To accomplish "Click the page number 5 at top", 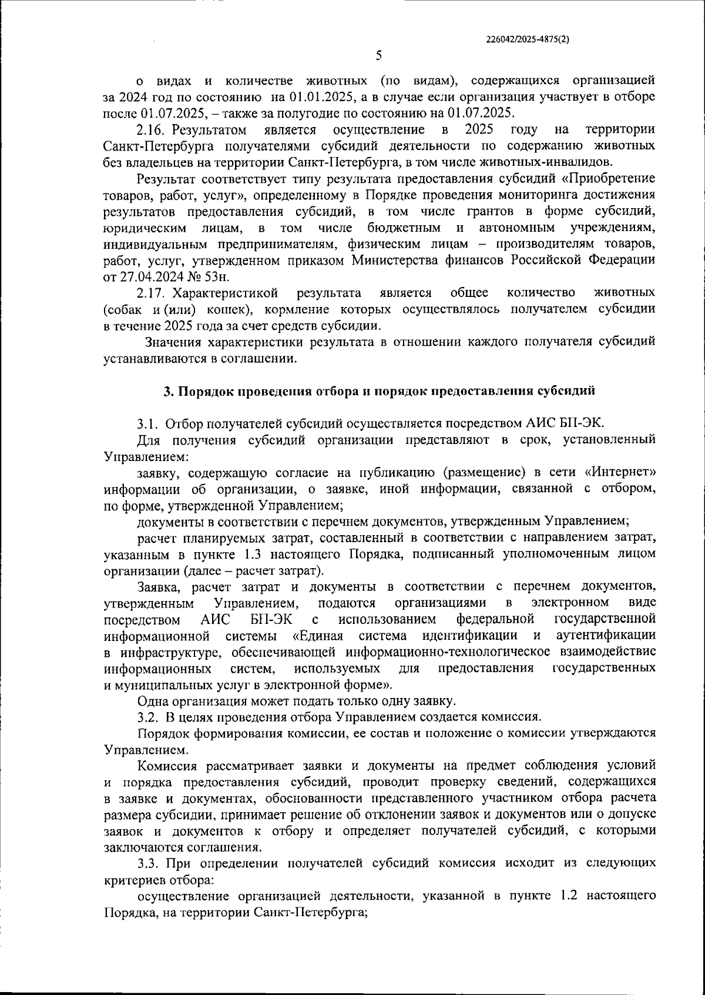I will point(378,56).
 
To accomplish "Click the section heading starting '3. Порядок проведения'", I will point(379,390).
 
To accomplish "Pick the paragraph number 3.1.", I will point(149,423).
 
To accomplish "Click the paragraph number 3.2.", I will point(149,717).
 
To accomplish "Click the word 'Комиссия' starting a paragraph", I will point(167,766).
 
